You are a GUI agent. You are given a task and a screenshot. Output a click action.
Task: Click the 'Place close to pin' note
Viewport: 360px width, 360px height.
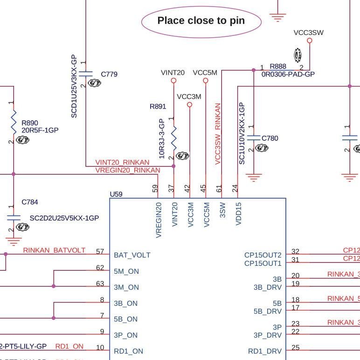tap(201, 21)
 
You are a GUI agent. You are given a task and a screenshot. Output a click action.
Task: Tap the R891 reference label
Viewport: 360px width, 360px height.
tap(158, 106)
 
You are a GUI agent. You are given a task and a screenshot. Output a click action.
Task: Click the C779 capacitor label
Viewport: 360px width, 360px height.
tap(109, 74)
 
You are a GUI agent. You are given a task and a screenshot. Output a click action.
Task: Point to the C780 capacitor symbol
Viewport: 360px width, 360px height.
tap(253, 138)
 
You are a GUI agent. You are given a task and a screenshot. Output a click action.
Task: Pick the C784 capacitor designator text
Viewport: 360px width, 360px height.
tap(30, 202)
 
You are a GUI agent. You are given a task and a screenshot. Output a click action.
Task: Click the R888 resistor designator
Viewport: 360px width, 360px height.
tap(278, 67)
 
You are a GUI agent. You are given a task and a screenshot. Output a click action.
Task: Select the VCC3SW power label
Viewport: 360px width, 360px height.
tap(308, 33)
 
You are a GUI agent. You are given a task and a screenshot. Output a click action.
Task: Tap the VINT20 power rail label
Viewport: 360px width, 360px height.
tap(173, 73)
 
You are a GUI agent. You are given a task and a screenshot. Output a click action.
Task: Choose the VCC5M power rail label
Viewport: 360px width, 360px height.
tap(205, 73)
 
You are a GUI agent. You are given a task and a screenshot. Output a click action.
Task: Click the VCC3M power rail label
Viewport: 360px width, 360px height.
tap(189, 97)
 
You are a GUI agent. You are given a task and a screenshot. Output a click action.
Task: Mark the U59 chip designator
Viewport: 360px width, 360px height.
tap(116, 194)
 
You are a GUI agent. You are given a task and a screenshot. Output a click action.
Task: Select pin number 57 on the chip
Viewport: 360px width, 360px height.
tap(100, 251)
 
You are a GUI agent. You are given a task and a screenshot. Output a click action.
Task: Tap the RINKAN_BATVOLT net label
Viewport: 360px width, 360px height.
tap(54, 250)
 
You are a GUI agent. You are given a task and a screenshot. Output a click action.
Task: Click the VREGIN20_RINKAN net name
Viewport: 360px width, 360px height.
tap(127, 170)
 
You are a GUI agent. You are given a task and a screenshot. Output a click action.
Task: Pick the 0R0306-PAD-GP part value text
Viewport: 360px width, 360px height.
tap(288, 74)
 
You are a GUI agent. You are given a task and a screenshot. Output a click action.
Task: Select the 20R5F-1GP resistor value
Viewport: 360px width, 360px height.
tap(40, 130)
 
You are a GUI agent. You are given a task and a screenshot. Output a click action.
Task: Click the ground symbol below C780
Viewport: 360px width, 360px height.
tap(253, 178)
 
